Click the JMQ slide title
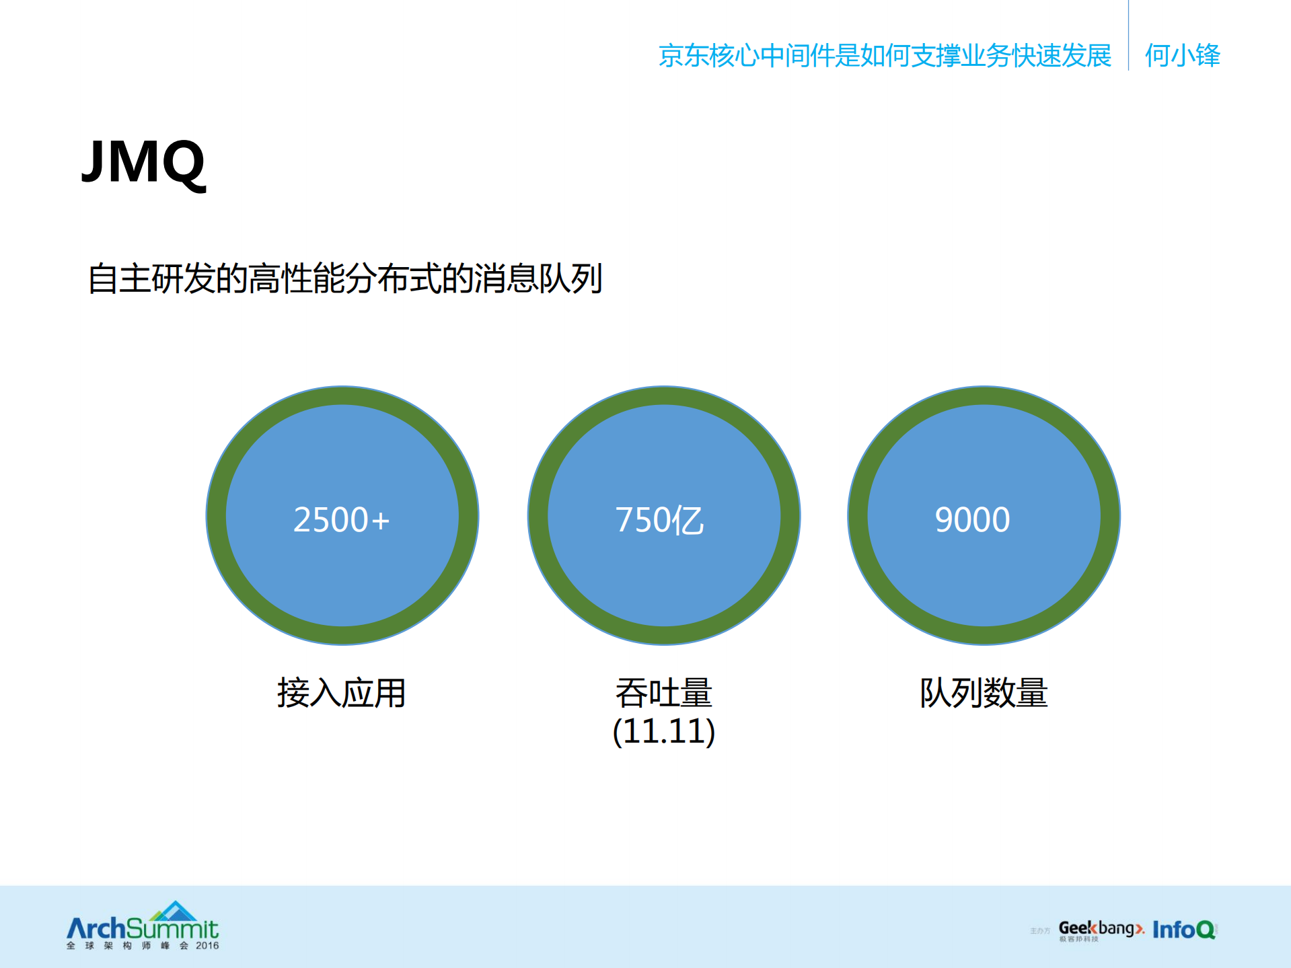143,163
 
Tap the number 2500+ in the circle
341,520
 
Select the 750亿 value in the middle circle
659,520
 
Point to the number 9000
972,520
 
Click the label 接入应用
341,693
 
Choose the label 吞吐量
663,693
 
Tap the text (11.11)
663,731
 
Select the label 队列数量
984,693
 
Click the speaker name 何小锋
1182,55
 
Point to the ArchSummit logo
142,929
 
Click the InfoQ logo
1184,930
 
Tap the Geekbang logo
1100,930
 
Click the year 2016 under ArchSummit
207,945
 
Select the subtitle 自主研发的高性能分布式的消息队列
344,278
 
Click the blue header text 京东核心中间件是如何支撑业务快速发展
884,55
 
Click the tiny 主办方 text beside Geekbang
1039,931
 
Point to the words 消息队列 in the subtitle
538,278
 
